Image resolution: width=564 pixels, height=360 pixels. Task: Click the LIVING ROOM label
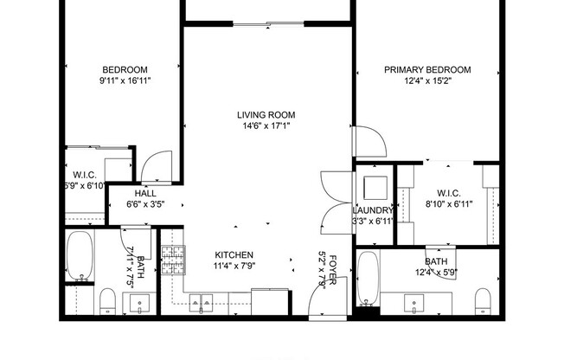(x=266, y=114)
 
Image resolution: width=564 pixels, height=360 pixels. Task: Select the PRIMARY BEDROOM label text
(x=427, y=70)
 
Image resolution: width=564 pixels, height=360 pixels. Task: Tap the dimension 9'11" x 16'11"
(x=125, y=81)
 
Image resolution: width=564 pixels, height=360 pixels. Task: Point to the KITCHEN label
(x=234, y=255)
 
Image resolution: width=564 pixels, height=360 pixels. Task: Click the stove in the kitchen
(x=174, y=258)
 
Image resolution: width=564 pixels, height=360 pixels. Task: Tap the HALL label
(x=144, y=194)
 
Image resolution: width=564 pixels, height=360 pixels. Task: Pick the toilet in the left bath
(x=108, y=302)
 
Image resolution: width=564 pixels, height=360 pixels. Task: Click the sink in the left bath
(x=140, y=303)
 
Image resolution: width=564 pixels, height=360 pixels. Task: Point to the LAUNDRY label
(x=374, y=210)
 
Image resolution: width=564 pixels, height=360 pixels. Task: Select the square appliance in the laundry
(x=375, y=188)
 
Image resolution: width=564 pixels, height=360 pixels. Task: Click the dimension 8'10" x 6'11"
(x=448, y=204)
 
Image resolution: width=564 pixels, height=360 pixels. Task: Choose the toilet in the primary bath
(x=484, y=301)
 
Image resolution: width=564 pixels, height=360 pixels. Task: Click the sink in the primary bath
(x=414, y=303)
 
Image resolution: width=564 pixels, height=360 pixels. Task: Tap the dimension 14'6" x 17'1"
(x=266, y=125)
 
